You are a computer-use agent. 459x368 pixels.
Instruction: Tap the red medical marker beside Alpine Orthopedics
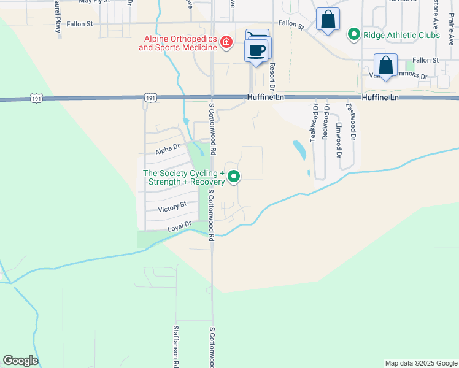tap(226, 42)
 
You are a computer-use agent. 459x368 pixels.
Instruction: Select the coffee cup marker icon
tap(258, 50)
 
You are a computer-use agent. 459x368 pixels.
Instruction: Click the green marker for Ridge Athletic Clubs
tap(353, 35)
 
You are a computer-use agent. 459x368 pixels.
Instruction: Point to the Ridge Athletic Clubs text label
tap(401, 35)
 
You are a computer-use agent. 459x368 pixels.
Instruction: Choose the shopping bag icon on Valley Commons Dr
tap(385, 64)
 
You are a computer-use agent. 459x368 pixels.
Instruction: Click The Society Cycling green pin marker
tap(234, 177)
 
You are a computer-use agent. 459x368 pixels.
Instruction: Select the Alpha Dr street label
tap(167, 148)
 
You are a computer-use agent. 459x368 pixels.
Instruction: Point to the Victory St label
tap(172, 209)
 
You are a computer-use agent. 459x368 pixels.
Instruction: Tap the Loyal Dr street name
tap(180, 227)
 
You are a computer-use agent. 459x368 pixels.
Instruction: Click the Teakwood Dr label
tap(314, 123)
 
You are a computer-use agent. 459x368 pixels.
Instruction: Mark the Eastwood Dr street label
tap(350, 120)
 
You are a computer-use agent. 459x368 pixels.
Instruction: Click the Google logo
tap(20, 361)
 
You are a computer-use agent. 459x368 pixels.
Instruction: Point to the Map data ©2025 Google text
tap(421, 363)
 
